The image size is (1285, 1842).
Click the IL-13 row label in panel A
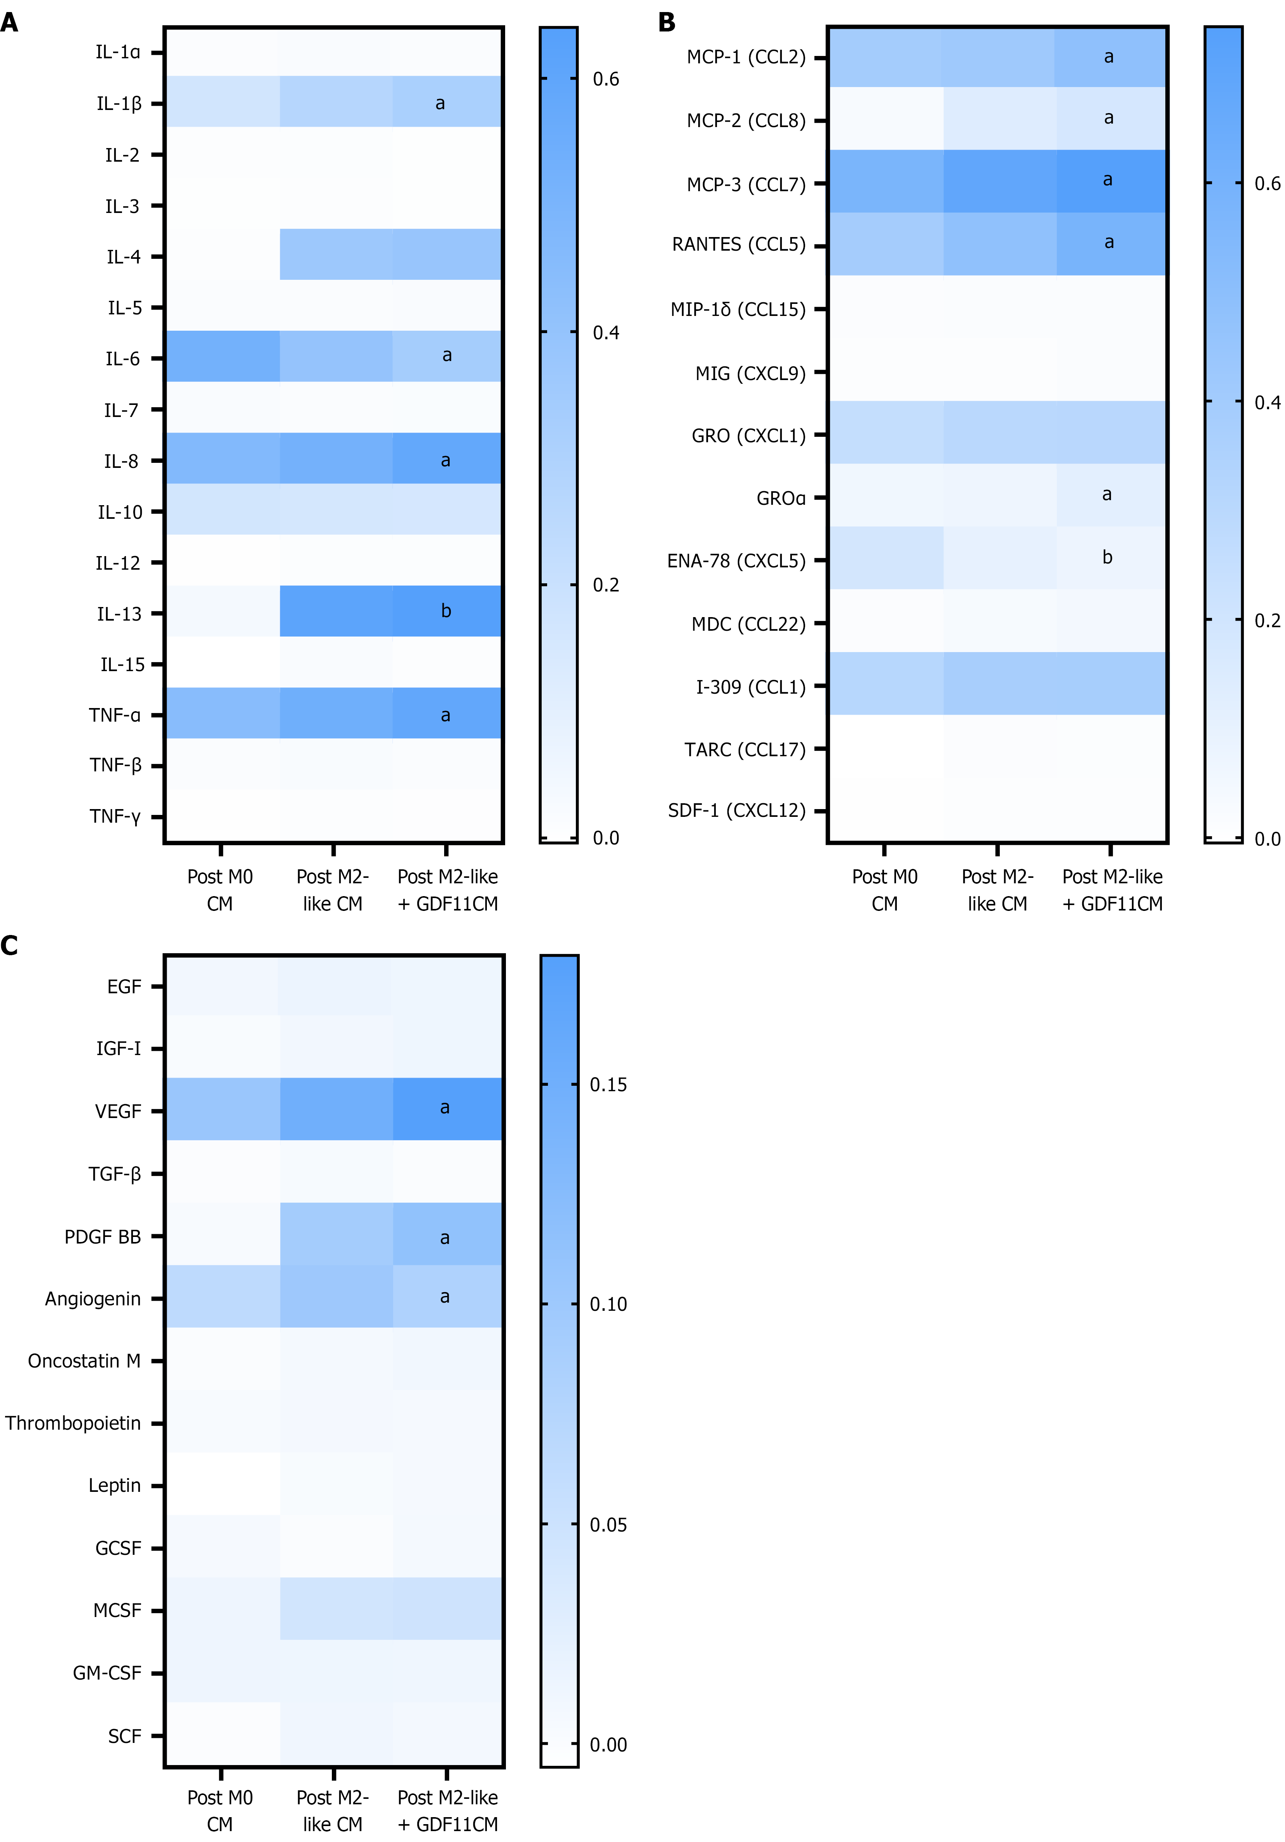pyautogui.click(x=119, y=614)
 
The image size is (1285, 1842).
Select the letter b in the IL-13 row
pyautogui.click(x=446, y=611)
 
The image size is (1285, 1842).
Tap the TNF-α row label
pyautogui.click(x=115, y=715)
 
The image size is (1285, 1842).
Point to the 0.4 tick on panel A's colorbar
pyautogui.click(x=606, y=332)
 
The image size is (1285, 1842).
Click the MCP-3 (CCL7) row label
pyautogui.click(x=745, y=185)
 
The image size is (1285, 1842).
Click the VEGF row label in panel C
pyautogui.click(x=118, y=1111)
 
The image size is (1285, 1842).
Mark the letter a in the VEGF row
pyautogui.click(x=445, y=1108)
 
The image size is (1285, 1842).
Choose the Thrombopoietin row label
pyautogui.click(x=73, y=1423)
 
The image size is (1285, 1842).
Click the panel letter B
pyautogui.click(x=666, y=23)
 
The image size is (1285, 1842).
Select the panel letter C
pyautogui.click(x=10, y=946)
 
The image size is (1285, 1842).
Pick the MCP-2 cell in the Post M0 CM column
pyautogui.click(x=886, y=119)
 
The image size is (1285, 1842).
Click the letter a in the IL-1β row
pyautogui.click(x=439, y=103)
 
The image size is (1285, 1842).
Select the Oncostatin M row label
pyautogui.click(x=84, y=1361)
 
